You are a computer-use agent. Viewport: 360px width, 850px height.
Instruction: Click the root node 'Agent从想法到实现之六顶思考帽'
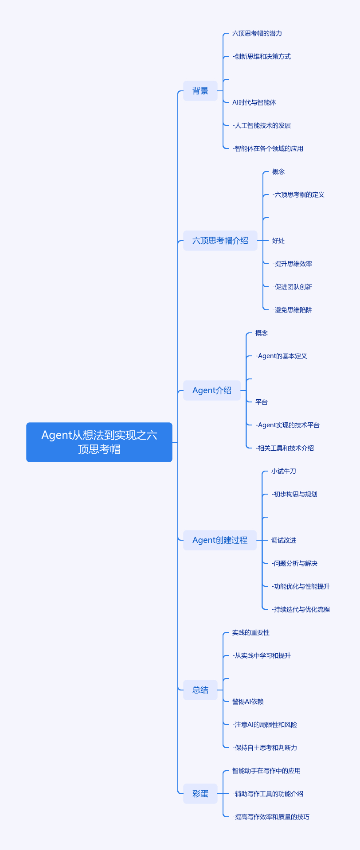pyautogui.click(x=99, y=442)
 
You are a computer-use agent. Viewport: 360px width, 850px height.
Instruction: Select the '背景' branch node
pyautogui.click(x=200, y=91)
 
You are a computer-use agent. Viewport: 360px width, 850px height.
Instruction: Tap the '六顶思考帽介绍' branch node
pyautogui.click(x=220, y=241)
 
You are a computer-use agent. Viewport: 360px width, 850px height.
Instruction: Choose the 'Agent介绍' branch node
pyautogui.click(x=212, y=390)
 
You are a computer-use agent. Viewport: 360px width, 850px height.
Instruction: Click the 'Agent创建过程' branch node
pyautogui.click(x=220, y=540)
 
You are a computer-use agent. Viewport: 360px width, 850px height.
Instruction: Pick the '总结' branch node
pyautogui.click(x=200, y=690)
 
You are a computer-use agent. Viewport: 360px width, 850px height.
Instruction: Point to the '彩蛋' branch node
pyautogui.click(x=200, y=794)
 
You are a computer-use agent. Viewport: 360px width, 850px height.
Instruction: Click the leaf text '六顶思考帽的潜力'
pyautogui.click(x=257, y=33)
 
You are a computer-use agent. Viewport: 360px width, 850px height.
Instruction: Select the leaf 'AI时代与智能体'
pyautogui.click(x=254, y=102)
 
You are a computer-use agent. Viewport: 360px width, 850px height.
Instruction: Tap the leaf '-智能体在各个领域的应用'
pyautogui.click(x=268, y=148)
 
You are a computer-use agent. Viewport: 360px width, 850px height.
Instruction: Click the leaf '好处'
pyautogui.click(x=278, y=241)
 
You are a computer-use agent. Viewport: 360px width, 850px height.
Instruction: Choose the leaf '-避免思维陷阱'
pyautogui.click(x=292, y=310)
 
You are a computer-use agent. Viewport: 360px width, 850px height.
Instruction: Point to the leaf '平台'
pyautogui.click(x=262, y=402)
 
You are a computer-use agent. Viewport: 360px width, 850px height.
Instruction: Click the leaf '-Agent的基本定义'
pyautogui.click(x=281, y=356)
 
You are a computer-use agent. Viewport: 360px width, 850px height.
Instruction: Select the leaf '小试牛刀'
pyautogui.click(x=284, y=471)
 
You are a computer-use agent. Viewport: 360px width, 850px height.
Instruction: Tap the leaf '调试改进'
pyautogui.click(x=284, y=540)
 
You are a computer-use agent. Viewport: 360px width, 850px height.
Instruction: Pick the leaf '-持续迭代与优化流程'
pyautogui.click(x=301, y=609)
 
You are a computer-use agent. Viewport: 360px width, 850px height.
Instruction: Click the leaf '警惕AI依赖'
pyautogui.click(x=248, y=702)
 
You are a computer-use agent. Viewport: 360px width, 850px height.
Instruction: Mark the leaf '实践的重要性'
pyautogui.click(x=251, y=632)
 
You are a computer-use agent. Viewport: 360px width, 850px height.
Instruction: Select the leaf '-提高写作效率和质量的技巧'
pyautogui.click(x=271, y=817)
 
